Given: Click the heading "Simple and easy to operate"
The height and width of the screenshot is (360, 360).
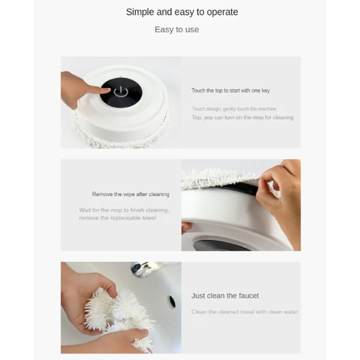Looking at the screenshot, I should pos(182,12).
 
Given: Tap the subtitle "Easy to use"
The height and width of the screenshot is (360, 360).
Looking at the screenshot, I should pos(177,30).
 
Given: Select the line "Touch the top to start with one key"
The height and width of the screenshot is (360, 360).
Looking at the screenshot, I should pos(230,90).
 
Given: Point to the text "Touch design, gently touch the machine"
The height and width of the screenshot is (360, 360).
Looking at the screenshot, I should pos(234,109).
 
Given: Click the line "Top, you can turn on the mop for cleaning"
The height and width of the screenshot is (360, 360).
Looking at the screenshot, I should pos(243,117).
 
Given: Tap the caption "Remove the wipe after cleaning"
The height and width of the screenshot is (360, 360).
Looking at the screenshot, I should pos(130,194).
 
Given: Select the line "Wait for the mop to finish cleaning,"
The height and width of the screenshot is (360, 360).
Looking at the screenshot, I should pos(124,210).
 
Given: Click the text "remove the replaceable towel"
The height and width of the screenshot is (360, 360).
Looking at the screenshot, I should pos(117,218).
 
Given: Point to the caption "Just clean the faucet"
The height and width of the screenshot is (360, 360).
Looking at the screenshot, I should pos(225,296).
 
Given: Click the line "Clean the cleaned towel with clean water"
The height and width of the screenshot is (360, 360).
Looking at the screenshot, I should pos(244,312).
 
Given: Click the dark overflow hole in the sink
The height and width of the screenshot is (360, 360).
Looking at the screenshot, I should pos(172,301).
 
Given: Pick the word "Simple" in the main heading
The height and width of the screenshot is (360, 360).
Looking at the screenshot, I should pos(140,12).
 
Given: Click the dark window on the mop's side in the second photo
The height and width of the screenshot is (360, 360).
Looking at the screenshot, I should pos(220,246).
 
